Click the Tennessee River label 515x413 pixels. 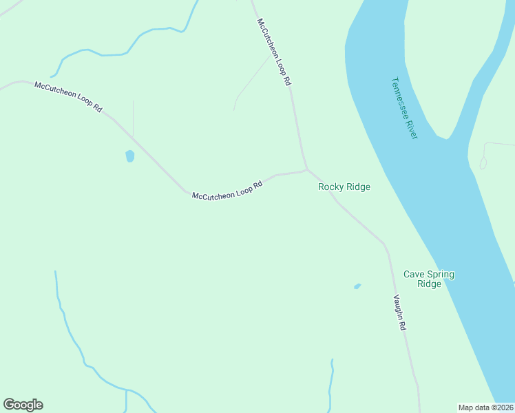[404, 108]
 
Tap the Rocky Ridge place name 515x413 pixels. [344, 187]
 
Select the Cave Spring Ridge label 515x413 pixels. [429, 279]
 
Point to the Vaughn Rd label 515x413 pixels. [400, 313]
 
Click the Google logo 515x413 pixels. [23, 405]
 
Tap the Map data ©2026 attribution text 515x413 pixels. [486, 407]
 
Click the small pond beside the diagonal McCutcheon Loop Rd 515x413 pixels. [129, 156]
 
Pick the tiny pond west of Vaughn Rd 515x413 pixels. [357, 286]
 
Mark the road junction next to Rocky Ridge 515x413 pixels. [306, 169]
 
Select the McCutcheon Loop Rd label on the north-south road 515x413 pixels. [275, 52]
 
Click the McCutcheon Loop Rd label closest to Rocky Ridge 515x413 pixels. [227, 191]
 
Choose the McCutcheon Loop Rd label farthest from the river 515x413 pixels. [68, 97]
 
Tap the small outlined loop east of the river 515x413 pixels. [483, 163]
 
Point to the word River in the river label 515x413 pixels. [412, 129]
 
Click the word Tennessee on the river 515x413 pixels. [400, 98]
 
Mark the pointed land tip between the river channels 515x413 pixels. [448, 138]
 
